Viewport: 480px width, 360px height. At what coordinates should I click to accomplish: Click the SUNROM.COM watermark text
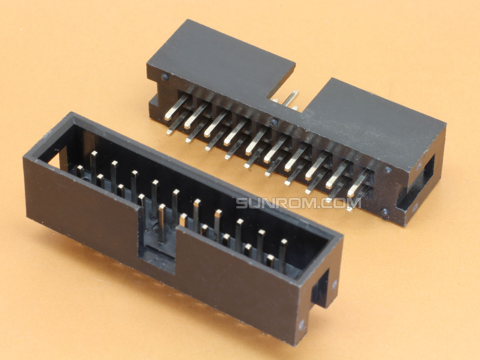click(299, 203)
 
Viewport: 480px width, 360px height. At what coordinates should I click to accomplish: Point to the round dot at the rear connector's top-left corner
click(165, 77)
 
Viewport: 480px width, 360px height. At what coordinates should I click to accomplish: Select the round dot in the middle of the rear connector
click(274, 122)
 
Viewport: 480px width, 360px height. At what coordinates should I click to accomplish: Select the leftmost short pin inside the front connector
click(80, 172)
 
